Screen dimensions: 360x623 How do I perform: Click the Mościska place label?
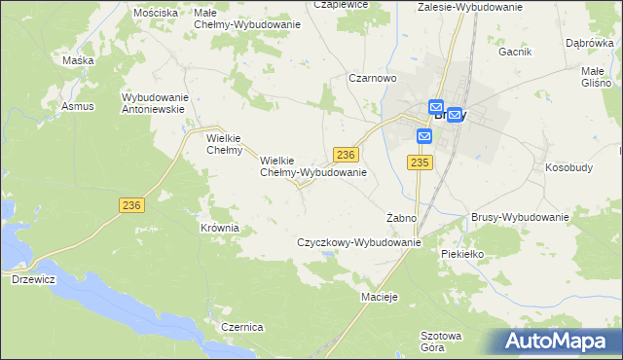tap(156, 13)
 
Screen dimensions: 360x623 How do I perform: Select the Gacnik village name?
tap(515, 53)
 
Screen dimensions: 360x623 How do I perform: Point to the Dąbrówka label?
tap(589, 43)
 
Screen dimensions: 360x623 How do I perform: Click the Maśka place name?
tap(78, 60)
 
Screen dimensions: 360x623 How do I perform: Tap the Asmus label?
tap(77, 105)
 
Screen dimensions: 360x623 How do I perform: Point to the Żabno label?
tap(401, 218)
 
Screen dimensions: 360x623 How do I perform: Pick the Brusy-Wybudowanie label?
tap(519, 218)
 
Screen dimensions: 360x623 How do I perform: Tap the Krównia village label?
tap(219, 228)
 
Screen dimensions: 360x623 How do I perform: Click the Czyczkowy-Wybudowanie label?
tap(358, 242)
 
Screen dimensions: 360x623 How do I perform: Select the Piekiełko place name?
tap(462, 254)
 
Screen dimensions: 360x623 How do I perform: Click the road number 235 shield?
tap(420, 162)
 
